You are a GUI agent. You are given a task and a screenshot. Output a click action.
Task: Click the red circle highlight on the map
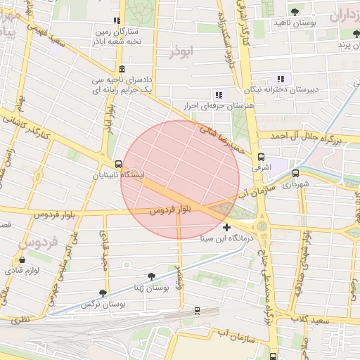180,180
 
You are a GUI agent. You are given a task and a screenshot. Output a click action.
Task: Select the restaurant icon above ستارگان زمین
116,20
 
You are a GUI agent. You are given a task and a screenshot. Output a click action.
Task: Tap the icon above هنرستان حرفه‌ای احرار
219,94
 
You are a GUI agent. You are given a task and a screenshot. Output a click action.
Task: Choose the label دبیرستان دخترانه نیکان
281,90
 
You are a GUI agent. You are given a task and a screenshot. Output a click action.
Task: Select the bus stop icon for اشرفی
262,157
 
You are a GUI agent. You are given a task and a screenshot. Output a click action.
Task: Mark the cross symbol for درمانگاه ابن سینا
226,227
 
